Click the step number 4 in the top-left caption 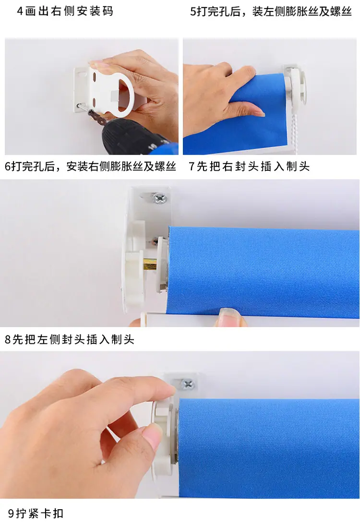pos(20,12)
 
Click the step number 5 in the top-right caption pos(193,12)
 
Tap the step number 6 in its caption pos(8,167)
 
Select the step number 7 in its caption pos(191,166)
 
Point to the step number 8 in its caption pos(8,339)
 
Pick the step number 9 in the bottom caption pos(11,513)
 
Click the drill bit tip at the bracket pos(78,106)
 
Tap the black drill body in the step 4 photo pos(134,136)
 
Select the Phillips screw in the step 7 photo pos(160,198)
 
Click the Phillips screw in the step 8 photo pos(187,383)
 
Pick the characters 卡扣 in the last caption pos(52,513)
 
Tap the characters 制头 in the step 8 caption pos(123,339)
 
